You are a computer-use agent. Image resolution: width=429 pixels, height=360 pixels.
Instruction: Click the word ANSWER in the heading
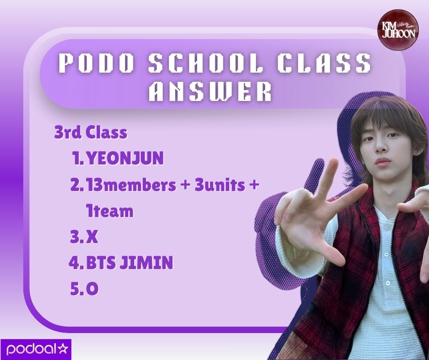[210, 92]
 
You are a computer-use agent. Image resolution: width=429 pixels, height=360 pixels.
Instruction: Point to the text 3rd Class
[90, 133]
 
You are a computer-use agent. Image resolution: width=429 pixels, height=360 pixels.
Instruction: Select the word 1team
[110, 211]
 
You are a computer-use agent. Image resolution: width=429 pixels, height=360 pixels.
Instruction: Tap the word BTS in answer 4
[100, 263]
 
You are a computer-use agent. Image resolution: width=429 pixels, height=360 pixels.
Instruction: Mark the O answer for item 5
[93, 289]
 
